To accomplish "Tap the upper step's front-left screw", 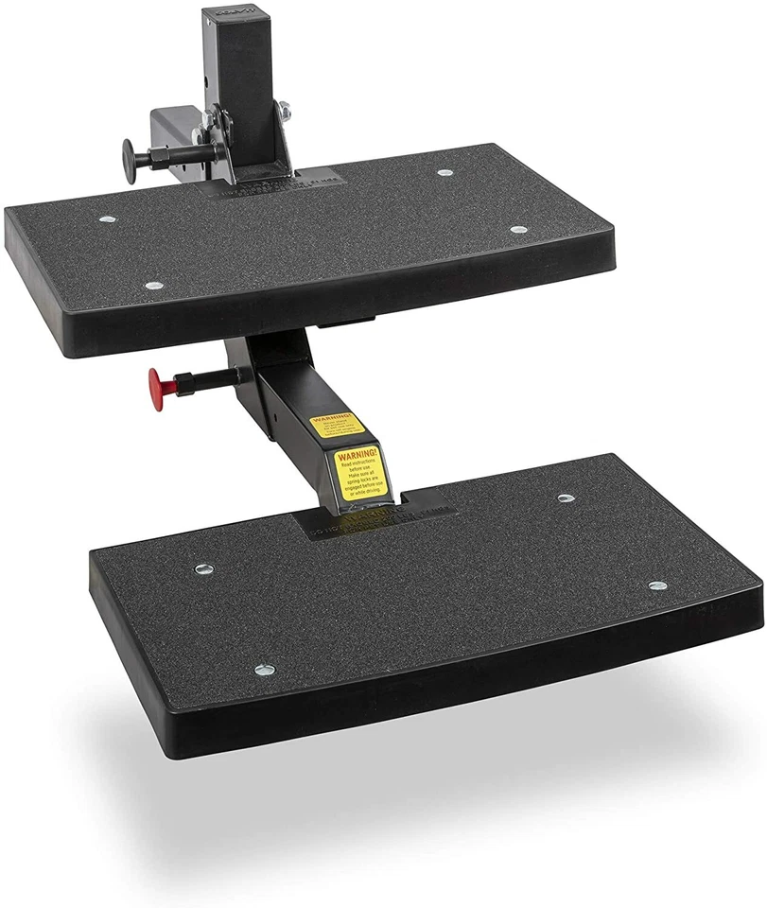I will tap(152, 285).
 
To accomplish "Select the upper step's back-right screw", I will tap(445, 173).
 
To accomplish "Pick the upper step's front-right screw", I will tap(516, 230).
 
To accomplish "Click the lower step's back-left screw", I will tap(202, 569).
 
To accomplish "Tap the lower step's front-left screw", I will tap(265, 670).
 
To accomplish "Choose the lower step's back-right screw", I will tap(566, 498).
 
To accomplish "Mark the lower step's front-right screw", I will tap(656, 585).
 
